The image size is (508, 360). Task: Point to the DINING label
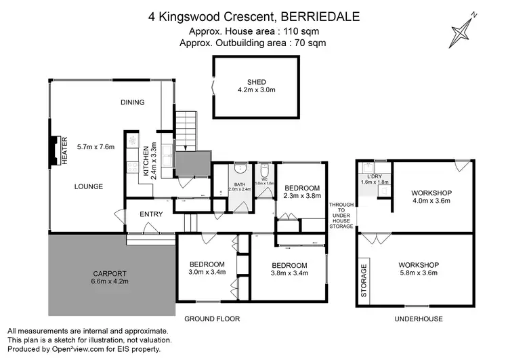[x=133, y=102]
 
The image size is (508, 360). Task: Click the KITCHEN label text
[x=145, y=159]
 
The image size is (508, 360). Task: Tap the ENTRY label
[x=151, y=214]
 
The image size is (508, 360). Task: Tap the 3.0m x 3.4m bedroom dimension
[x=207, y=273]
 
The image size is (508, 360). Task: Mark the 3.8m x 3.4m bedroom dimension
[x=289, y=274]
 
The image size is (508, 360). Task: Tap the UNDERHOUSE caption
[x=420, y=319]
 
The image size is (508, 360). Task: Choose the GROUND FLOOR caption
[x=211, y=319]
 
